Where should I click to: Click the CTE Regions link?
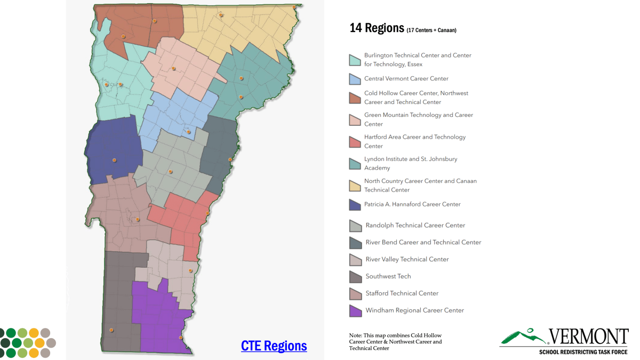274,346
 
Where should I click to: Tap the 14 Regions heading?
377,28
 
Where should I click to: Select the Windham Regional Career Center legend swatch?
355,310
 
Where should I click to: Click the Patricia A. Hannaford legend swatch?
355,205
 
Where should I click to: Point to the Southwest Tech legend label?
388,276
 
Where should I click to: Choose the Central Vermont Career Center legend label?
406,78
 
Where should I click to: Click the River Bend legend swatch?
355,243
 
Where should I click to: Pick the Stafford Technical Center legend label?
402,293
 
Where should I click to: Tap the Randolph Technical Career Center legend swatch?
355,226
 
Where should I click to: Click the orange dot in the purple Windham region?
181,338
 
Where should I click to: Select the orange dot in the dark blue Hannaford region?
114,160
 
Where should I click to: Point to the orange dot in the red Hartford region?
207,213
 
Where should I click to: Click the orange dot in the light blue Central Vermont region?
189,132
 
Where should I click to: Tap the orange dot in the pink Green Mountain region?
173,68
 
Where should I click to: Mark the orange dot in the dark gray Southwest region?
111,330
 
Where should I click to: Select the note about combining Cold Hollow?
395,341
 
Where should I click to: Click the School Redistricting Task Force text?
583,353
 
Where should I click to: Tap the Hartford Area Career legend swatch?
355,141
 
